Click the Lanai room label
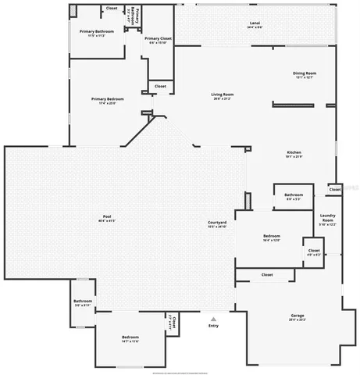[255, 24]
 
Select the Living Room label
[223, 95]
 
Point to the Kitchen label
[294, 153]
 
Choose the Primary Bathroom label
[96, 32]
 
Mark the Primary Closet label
[158, 38]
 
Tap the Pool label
[107, 216]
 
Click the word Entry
[214, 326]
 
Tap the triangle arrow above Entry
[214, 318]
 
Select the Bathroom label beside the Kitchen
[294, 195]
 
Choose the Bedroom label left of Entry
[130, 338]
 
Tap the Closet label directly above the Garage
[266, 275]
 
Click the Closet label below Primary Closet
[160, 86]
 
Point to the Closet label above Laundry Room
[334, 189]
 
